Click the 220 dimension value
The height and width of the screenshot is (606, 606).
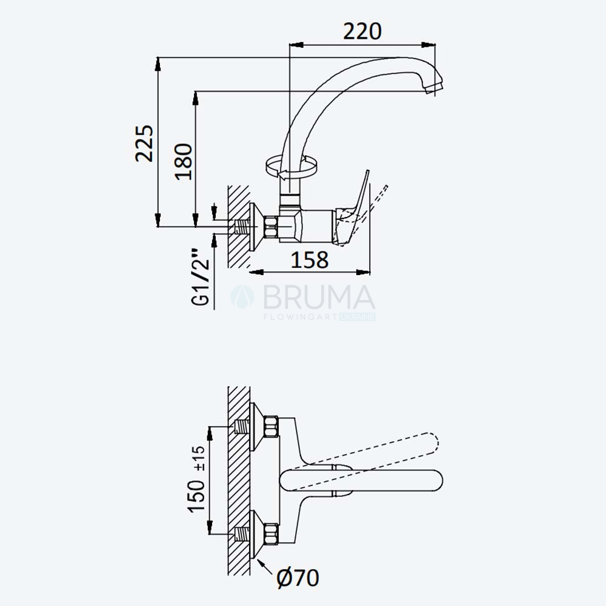[x=362, y=32]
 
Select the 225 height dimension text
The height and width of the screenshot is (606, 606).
[x=145, y=143]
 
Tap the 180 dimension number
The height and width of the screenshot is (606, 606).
[x=183, y=162]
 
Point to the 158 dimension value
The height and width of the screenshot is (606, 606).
[x=309, y=260]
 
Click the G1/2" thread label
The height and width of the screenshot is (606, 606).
[x=201, y=277]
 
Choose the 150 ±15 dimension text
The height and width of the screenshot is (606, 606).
[x=196, y=479]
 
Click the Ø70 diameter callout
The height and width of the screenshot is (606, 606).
[x=298, y=578]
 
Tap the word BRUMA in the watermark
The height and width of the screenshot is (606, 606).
[x=319, y=297]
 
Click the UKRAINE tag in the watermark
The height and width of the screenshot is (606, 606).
[x=358, y=317]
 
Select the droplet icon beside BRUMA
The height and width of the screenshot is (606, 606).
[x=242, y=297]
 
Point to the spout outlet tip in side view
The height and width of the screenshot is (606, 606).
[x=434, y=88]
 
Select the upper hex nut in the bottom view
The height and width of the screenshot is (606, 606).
[x=271, y=427]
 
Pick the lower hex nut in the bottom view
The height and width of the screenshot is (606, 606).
[x=271, y=534]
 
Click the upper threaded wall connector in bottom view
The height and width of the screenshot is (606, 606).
[x=242, y=427]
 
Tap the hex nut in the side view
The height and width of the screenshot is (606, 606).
[x=271, y=227]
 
